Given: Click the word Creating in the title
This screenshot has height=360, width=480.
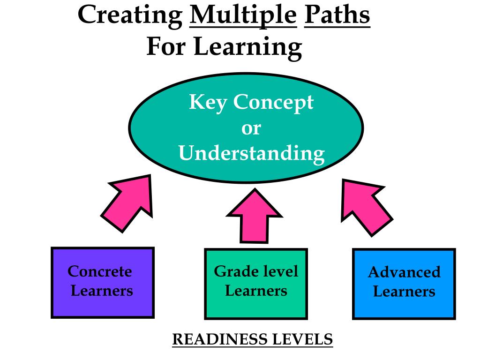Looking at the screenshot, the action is [130, 15].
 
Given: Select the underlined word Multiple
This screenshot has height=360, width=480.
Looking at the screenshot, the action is [243, 15].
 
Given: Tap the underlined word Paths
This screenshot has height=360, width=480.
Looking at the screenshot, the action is [337, 15].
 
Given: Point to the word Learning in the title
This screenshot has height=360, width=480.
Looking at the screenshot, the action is [247, 47].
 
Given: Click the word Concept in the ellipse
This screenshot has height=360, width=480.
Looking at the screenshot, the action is [273, 103].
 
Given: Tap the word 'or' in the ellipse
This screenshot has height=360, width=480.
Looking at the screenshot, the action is [251, 128].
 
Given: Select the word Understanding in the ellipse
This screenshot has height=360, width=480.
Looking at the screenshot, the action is [251, 153].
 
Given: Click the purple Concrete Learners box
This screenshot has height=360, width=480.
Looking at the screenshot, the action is [102, 282].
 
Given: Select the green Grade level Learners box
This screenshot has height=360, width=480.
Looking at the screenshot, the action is [256, 284].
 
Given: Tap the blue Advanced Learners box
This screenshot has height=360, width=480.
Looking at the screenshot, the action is [404, 284].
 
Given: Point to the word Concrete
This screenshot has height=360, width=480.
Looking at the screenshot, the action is [100, 271].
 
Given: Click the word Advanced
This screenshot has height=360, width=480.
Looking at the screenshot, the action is [404, 272].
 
